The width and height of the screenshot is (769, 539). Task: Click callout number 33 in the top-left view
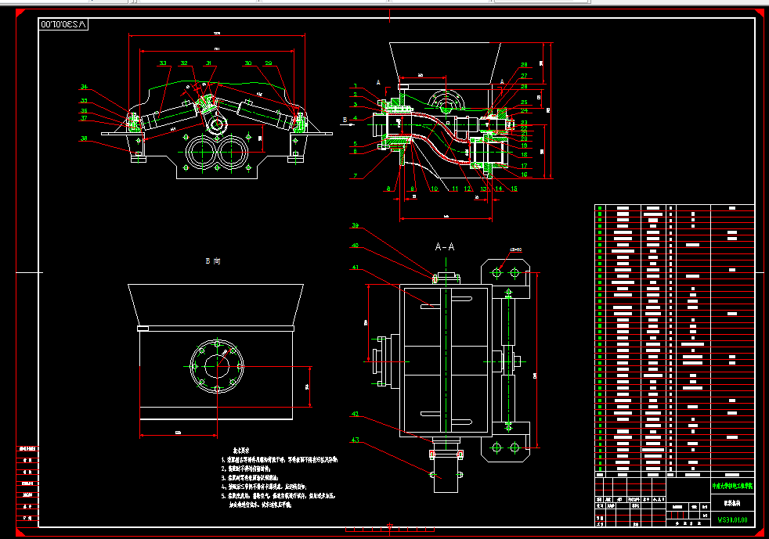click(x=163, y=63)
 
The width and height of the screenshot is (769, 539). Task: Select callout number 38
click(x=83, y=139)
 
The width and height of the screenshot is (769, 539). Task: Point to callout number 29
click(x=269, y=63)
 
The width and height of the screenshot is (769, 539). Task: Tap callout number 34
click(x=84, y=87)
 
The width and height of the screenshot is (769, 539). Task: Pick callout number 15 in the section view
click(x=514, y=189)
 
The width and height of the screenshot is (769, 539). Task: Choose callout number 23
click(x=524, y=124)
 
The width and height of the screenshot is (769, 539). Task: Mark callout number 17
click(x=524, y=166)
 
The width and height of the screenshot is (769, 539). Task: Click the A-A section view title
click(x=445, y=246)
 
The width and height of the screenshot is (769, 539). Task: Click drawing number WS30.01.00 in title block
click(x=732, y=519)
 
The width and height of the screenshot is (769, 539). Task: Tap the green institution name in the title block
click(x=732, y=486)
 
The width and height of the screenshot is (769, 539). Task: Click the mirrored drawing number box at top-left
click(x=64, y=24)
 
